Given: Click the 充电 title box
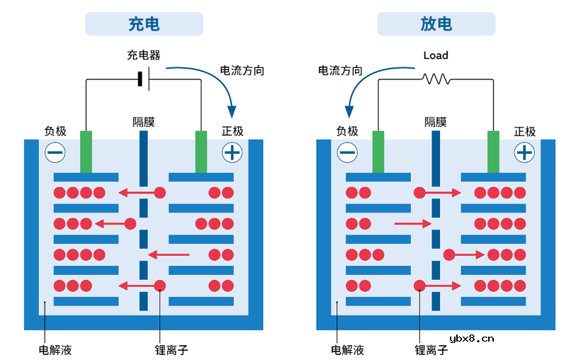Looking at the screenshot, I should [144, 24].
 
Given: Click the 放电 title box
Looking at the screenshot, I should [436, 24].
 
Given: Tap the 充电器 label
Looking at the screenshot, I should [143, 55].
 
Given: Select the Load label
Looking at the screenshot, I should [436, 55].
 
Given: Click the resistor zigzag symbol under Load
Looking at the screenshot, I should [436, 79].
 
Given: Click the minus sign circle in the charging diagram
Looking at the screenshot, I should [55, 152].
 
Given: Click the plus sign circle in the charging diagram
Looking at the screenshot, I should [232, 152].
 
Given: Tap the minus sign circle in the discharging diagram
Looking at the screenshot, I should [347, 152].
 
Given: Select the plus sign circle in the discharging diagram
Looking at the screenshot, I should [524, 152].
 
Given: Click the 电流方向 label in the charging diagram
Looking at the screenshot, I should [242, 71].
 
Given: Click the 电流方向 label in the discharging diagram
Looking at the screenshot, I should [340, 71].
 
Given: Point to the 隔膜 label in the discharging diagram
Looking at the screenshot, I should [436, 122].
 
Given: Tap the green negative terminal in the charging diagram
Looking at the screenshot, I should [86, 151].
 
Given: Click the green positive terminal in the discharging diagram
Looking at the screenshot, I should [494, 151].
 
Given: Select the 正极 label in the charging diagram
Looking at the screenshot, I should [232, 131].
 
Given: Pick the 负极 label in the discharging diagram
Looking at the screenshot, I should [347, 131].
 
